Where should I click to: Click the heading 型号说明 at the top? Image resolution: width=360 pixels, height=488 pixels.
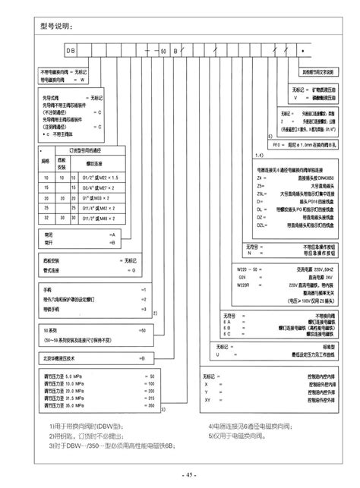click(55, 27)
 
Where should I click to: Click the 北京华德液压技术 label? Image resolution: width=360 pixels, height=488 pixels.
click(60, 357)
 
